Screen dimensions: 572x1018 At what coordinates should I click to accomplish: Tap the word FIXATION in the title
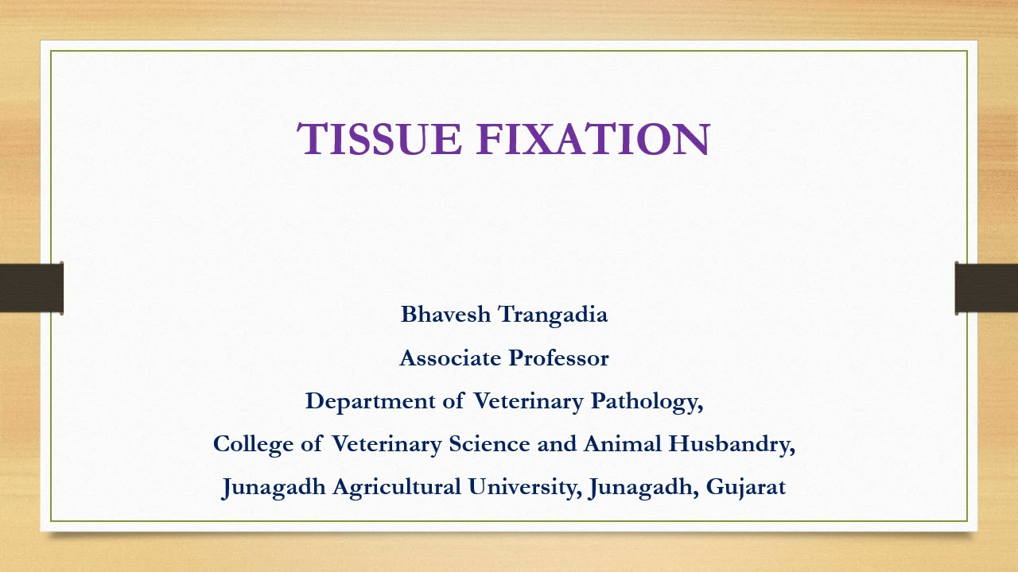coord(593,139)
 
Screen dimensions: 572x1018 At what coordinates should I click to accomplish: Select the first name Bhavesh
coord(445,315)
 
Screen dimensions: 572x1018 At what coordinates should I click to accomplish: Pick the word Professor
coord(559,358)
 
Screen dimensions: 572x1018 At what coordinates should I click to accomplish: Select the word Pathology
coord(647,402)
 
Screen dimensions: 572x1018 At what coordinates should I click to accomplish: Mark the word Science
coord(489,444)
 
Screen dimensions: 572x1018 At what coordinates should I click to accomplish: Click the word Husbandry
coord(732,444)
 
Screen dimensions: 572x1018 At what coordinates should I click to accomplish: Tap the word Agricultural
coord(396,487)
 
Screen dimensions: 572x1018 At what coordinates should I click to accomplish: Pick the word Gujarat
coord(746,487)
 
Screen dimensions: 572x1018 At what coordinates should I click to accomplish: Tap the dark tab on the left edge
coord(31,288)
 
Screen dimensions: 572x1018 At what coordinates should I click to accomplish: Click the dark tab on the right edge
coord(986,288)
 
